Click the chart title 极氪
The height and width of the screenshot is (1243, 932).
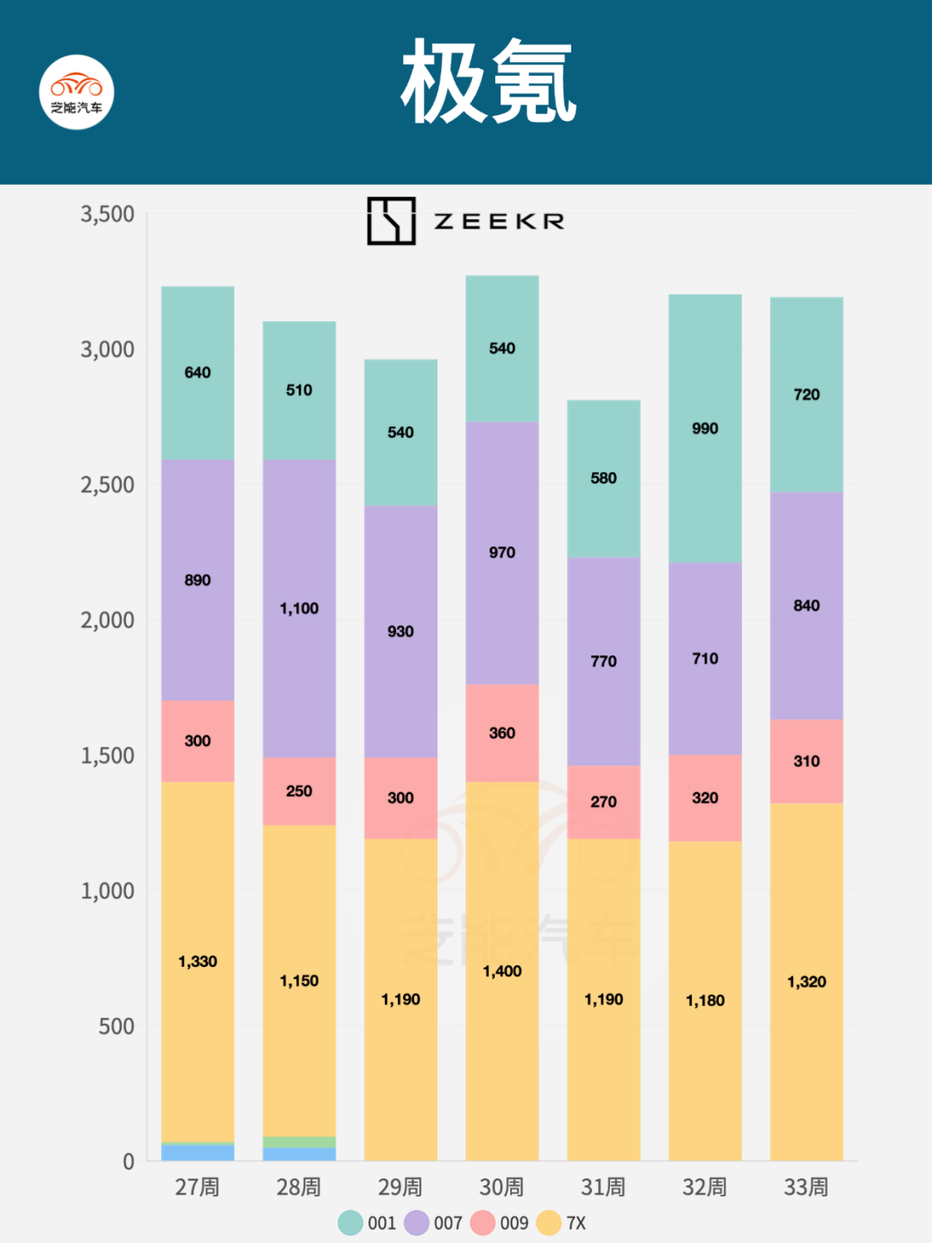pos(488,83)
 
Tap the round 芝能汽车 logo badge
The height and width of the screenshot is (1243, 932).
pos(77,92)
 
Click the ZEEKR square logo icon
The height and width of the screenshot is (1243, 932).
pos(391,221)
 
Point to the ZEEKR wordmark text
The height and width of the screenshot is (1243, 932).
pos(499,222)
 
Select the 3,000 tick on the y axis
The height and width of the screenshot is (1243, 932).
pos(108,350)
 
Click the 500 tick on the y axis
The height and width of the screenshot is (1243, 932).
pos(116,1026)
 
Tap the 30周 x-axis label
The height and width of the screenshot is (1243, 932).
pos(501,1188)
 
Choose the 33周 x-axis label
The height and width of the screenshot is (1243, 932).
pos(806,1188)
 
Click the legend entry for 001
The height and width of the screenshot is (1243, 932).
pos(368,1223)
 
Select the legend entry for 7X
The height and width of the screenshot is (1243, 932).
pos(562,1223)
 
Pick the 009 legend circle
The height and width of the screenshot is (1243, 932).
pos(483,1223)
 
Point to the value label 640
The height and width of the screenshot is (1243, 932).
pos(198,373)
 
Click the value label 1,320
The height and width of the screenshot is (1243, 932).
pos(807,982)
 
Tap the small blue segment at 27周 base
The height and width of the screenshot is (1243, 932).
pos(198,1152)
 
